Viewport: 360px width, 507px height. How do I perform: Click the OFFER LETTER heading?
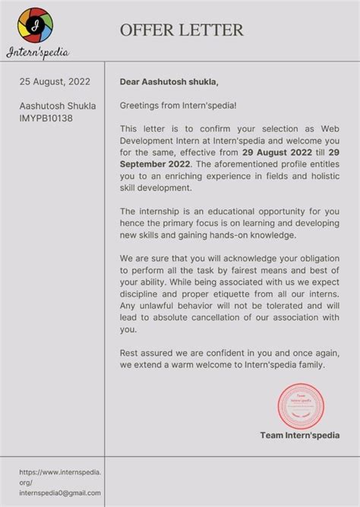(182, 30)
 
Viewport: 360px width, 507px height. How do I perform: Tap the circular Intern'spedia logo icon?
(36, 25)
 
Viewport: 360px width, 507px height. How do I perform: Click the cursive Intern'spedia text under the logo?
(37, 52)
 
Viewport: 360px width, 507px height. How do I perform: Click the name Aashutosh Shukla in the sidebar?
(58, 106)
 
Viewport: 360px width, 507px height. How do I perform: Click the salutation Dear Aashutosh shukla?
(169, 82)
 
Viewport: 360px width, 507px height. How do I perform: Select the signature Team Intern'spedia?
(299, 435)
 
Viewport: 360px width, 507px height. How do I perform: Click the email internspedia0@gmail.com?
(60, 493)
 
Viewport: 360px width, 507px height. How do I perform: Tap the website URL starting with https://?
(60, 472)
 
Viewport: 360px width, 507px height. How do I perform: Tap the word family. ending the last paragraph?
(308, 365)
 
